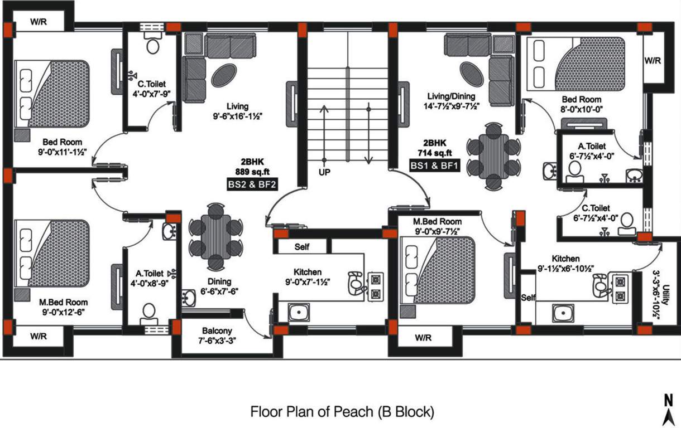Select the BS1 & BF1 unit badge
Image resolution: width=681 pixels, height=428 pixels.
point(434,166)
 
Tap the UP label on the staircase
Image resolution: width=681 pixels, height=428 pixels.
point(324,173)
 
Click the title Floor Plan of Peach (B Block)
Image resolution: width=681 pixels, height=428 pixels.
point(342,412)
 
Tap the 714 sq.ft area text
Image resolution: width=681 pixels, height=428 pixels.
point(434,152)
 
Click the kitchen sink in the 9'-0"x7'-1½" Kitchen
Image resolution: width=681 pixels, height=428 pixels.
point(299,312)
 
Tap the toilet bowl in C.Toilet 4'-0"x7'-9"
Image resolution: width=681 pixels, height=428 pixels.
point(152,45)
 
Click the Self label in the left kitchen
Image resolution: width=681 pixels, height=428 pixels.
point(301,246)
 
